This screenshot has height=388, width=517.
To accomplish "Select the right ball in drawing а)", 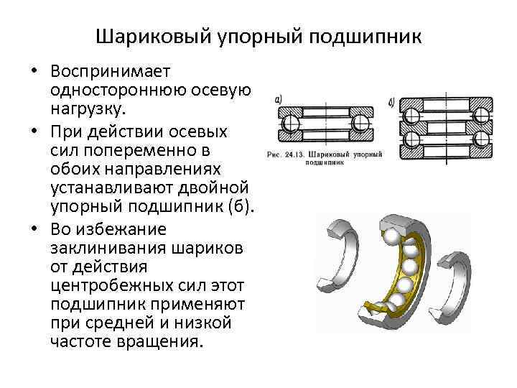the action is point(358,123).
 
